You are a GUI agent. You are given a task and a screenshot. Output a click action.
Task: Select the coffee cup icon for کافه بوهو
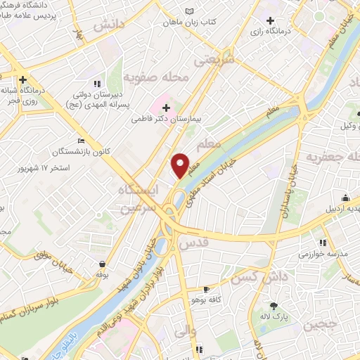tap(205, 289)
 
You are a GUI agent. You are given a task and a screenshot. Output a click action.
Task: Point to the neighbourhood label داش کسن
tap(268, 278)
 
